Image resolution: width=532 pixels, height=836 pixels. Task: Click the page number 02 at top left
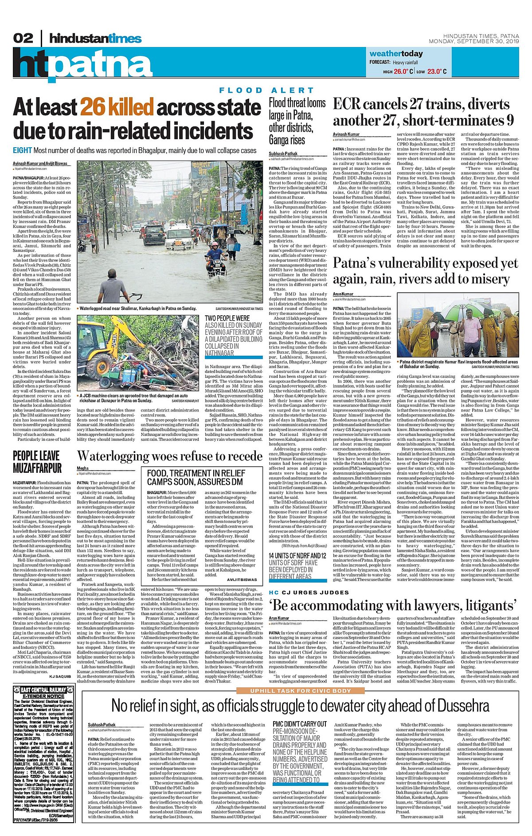click(x=23, y=38)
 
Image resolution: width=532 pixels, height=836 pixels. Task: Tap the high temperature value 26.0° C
click(x=403, y=71)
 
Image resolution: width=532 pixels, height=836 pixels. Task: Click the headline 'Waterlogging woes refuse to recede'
click(x=170, y=456)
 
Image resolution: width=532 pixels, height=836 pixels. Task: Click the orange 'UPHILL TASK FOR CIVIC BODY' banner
click(x=300, y=691)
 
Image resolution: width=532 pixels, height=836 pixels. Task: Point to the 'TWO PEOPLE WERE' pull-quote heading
click(x=227, y=318)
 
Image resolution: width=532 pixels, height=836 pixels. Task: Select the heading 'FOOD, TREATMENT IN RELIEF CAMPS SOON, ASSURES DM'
click(x=195, y=477)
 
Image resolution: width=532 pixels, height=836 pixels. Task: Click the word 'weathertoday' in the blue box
click(x=396, y=54)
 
